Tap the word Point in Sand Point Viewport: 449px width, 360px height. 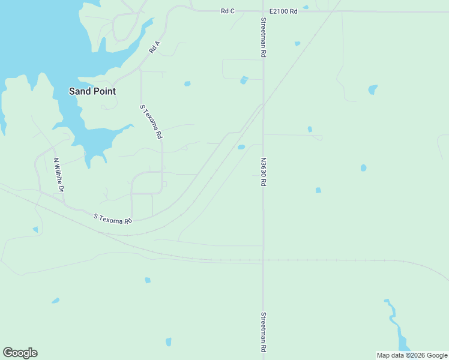pyautogui.click(x=103, y=91)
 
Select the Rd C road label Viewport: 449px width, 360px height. pyautogui.click(x=228, y=11)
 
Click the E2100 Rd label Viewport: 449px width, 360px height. pyautogui.click(x=283, y=11)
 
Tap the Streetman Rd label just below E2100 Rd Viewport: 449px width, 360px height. pyautogui.click(x=263, y=37)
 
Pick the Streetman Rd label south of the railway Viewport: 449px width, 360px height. pyautogui.click(x=263, y=332)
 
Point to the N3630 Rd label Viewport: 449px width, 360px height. pyautogui.click(x=263, y=172)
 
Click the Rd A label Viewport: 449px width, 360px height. pyautogui.click(x=155, y=47)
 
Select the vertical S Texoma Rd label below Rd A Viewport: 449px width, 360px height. pyautogui.click(x=151, y=122)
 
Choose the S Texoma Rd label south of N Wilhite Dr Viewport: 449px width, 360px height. pyautogui.click(x=113, y=218)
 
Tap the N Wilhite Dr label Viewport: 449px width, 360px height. pyautogui.click(x=58, y=175)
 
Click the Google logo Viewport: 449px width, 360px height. pyautogui.click(x=20, y=353)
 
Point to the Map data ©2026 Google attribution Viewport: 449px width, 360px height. pyautogui.click(x=412, y=355)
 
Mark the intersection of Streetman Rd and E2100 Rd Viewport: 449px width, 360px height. pyautogui.click(x=263, y=11)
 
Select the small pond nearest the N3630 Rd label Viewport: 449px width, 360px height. pyautogui.click(x=241, y=147)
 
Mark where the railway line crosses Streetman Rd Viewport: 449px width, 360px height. pyautogui.click(x=263, y=261)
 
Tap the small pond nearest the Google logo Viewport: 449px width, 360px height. pyautogui.click(x=55, y=301)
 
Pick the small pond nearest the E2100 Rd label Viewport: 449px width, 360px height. pyautogui.click(x=306, y=7)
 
